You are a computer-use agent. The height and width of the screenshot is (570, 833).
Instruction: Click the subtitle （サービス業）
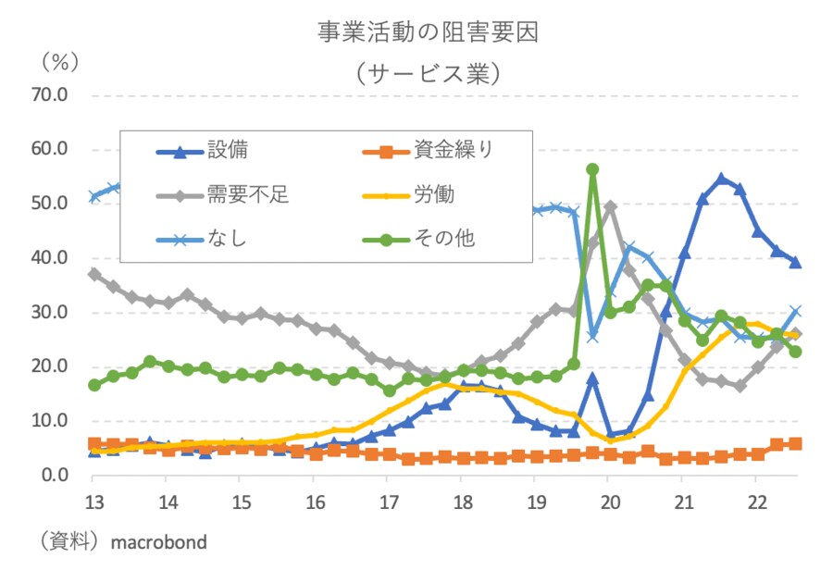pyautogui.click(x=428, y=71)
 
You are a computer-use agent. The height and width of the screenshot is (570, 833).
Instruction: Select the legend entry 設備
pyautogui.click(x=227, y=148)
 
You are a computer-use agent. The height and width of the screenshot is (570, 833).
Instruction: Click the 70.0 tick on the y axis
pyautogui.click(x=51, y=95)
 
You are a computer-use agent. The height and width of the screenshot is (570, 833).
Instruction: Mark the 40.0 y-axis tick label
pyautogui.click(x=51, y=258)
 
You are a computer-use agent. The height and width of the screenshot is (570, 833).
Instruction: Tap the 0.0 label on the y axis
pyautogui.click(x=56, y=476)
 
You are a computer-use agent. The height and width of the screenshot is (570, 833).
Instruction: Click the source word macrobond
pyautogui.click(x=159, y=542)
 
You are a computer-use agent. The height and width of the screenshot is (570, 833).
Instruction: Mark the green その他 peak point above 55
pyautogui.click(x=592, y=169)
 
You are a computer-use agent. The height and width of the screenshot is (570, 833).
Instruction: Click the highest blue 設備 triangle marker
pyautogui.click(x=722, y=179)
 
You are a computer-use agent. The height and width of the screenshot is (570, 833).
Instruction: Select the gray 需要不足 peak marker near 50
pyautogui.click(x=611, y=207)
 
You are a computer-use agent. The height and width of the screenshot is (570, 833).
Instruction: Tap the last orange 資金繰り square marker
pyautogui.click(x=795, y=444)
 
